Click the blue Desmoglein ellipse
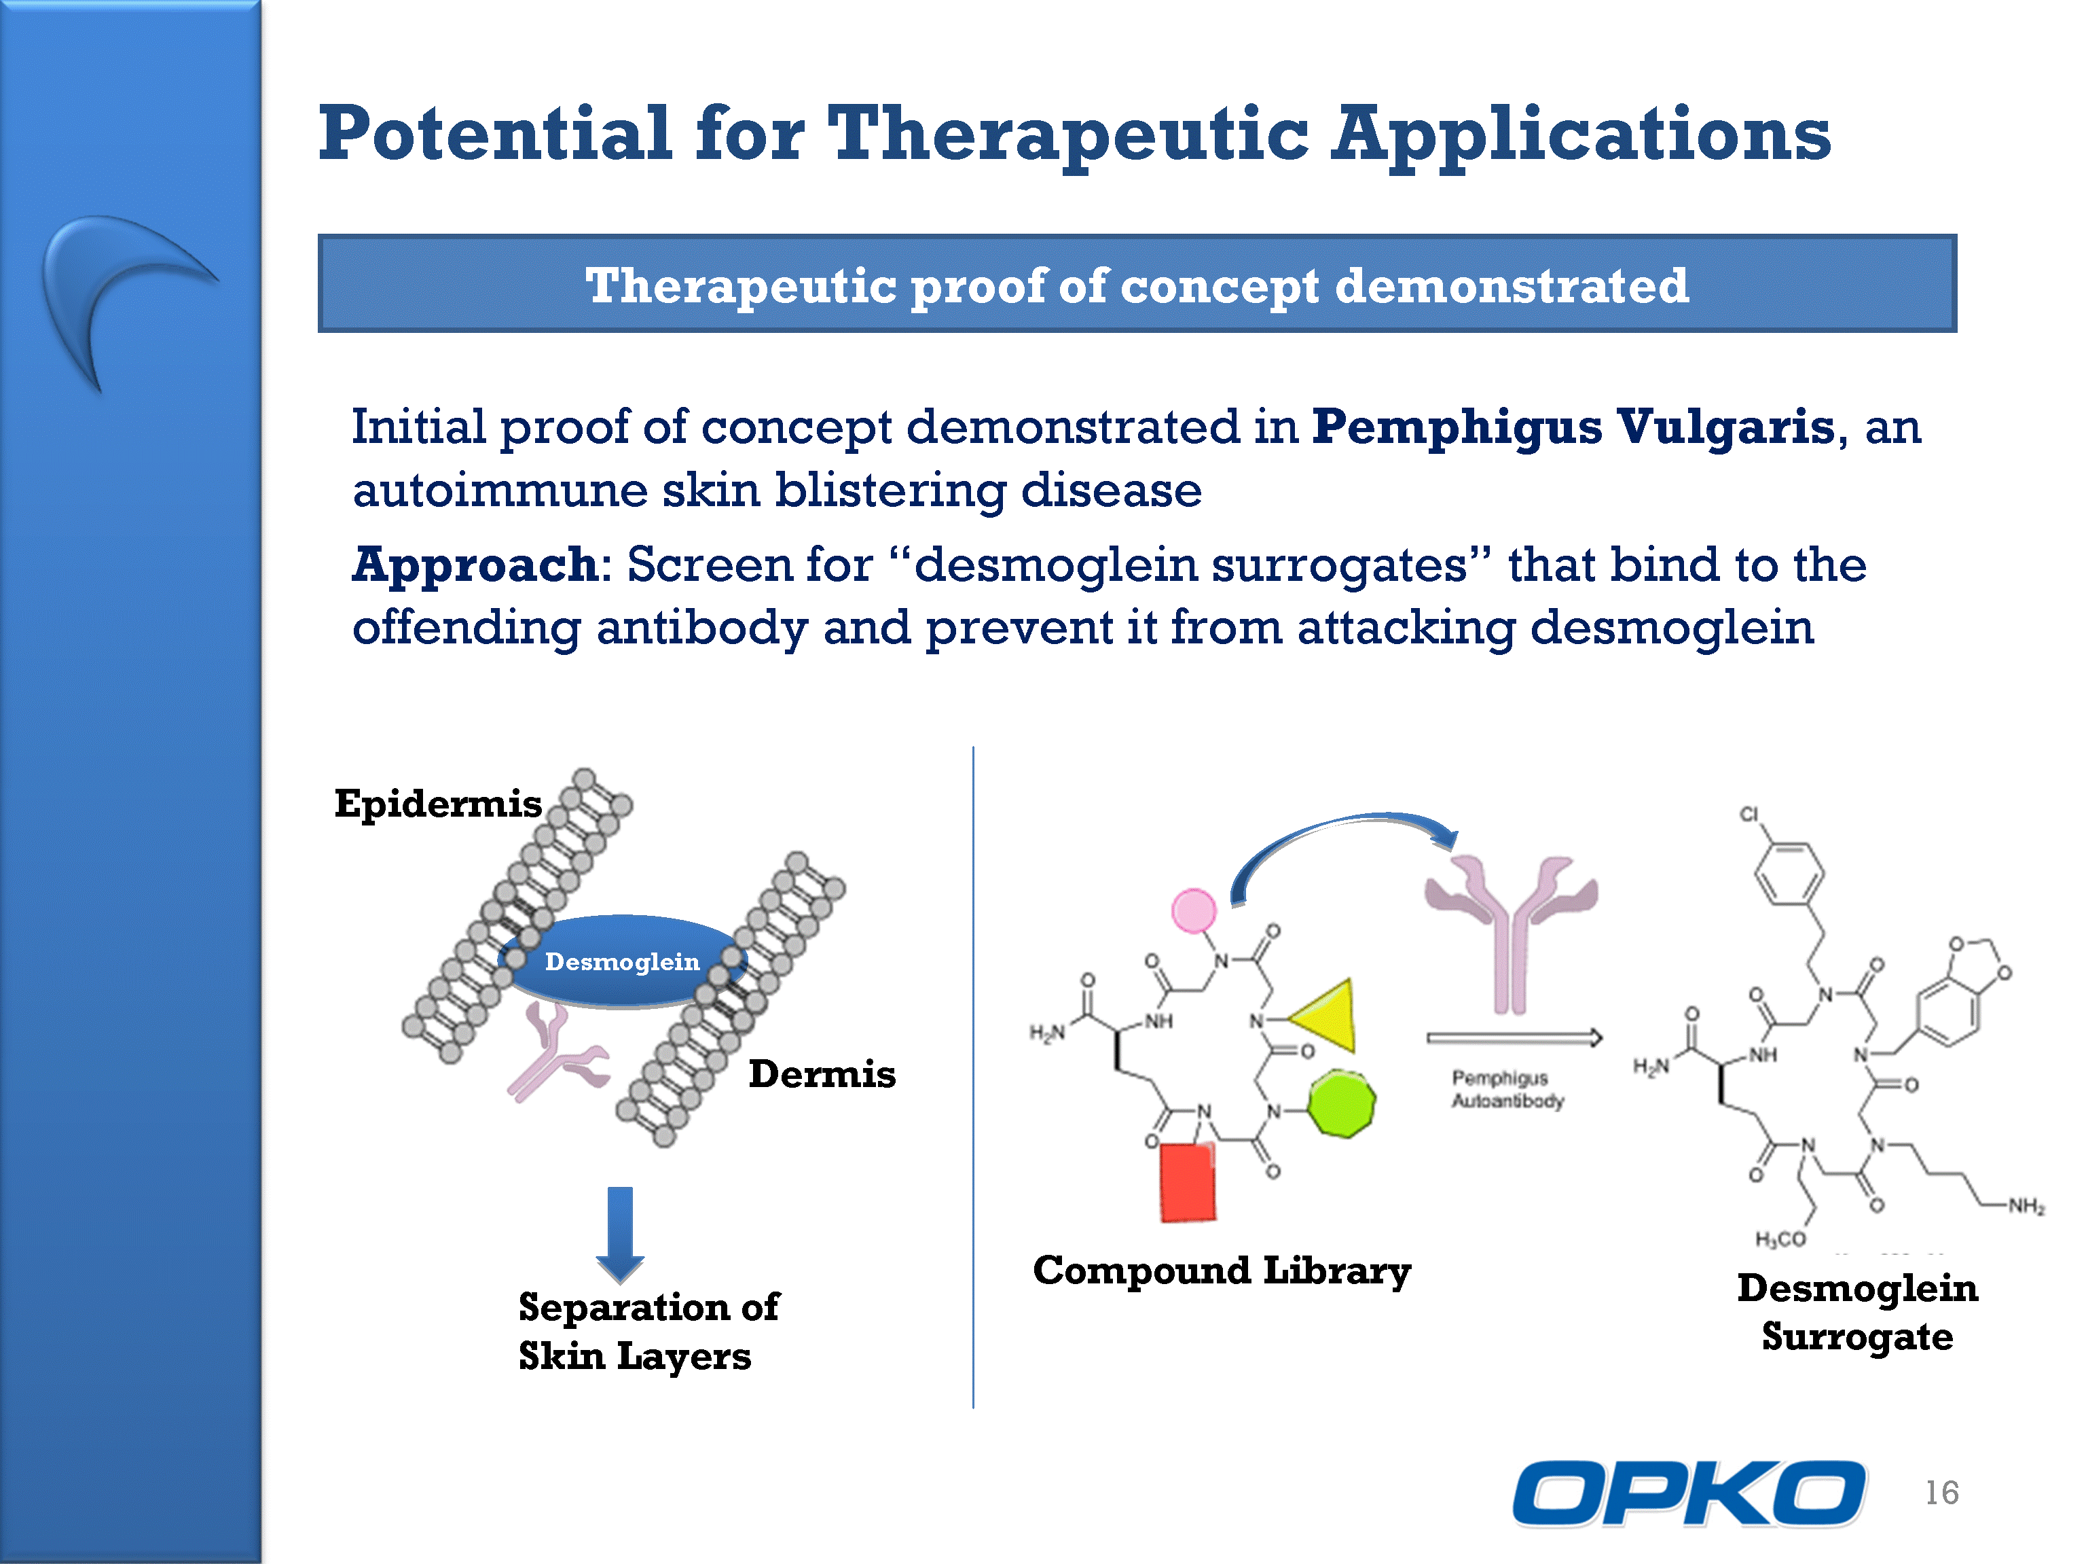pyautogui.click(x=623, y=961)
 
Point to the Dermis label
pyautogui.click(x=822, y=1073)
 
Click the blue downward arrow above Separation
pyautogui.click(x=619, y=1234)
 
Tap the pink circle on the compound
pyautogui.click(x=1194, y=910)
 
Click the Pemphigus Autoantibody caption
pyautogui.click(x=1507, y=1088)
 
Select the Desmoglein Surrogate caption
pyautogui.click(x=1858, y=1312)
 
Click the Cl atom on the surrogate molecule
pyautogui.click(x=1749, y=814)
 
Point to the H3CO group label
pyautogui.click(x=1780, y=1239)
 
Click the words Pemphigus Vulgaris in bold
pyautogui.click(x=1573, y=427)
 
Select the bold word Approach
pyautogui.click(x=475, y=566)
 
